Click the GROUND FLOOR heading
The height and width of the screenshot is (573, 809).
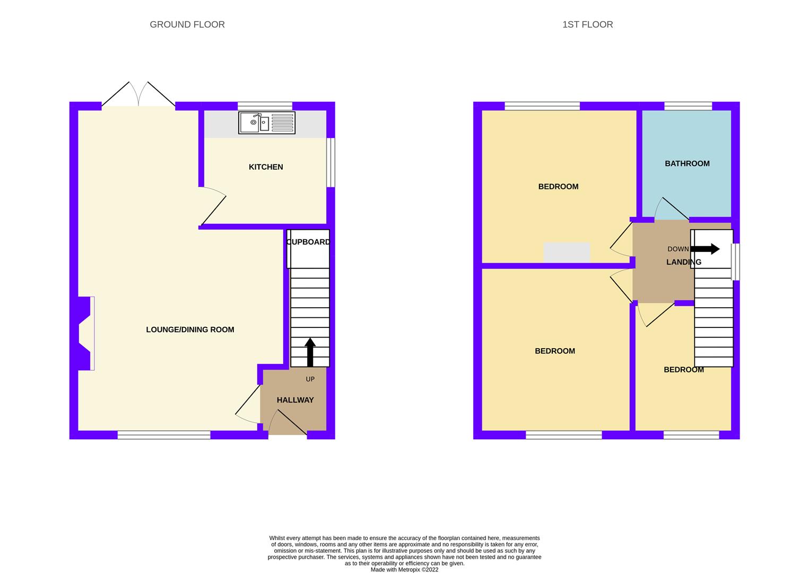coord(187,24)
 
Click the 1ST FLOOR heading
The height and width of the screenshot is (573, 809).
coord(587,24)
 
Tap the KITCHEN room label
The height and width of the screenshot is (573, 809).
coord(266,167)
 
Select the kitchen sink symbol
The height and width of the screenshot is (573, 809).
coord(266,123)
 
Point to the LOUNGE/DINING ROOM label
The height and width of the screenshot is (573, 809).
coord(190,329)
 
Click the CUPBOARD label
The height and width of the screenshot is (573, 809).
coord(308,242)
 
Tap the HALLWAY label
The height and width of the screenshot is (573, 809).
coord(295,400)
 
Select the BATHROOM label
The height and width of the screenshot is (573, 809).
coord(687,163)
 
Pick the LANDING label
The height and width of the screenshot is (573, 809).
coord(683,262)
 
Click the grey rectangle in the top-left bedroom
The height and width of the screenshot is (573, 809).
coord(567,253)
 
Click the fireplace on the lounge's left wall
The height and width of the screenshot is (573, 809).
coord(85,333)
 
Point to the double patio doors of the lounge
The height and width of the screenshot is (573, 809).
coord(138,95)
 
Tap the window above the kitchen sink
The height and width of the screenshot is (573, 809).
coord(265,106)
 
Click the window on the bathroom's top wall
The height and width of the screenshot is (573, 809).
coord(688,106)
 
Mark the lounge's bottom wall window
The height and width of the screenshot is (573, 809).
coord(164,435)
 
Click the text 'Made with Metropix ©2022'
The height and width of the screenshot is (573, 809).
coord(404,570)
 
